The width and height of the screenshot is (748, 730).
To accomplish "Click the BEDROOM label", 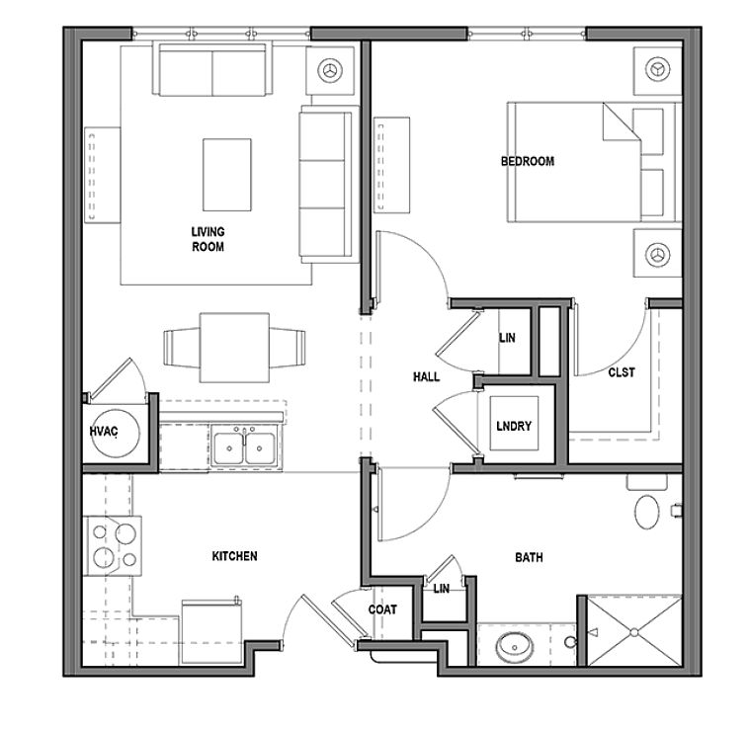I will coord(527,161).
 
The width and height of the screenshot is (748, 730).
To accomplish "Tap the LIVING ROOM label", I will coord(208,239).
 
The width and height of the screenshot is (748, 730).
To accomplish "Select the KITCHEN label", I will coord(234,556).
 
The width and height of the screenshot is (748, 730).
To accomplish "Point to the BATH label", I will coord(529,558).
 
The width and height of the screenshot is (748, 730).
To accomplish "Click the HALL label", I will coord(426,376).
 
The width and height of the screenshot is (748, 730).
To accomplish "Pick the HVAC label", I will coord(104,432).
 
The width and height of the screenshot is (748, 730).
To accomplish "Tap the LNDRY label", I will coord(514,427).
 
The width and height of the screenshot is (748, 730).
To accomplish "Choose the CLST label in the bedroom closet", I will coord(622,372).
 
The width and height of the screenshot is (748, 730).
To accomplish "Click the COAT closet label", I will coord(382,609).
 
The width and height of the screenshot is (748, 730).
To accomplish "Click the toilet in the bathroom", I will coord(647,510).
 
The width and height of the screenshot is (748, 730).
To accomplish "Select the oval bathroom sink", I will coord(514,648).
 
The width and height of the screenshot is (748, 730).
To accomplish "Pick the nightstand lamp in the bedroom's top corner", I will coord(656,69).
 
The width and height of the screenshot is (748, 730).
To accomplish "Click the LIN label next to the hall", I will coord(507,338).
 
